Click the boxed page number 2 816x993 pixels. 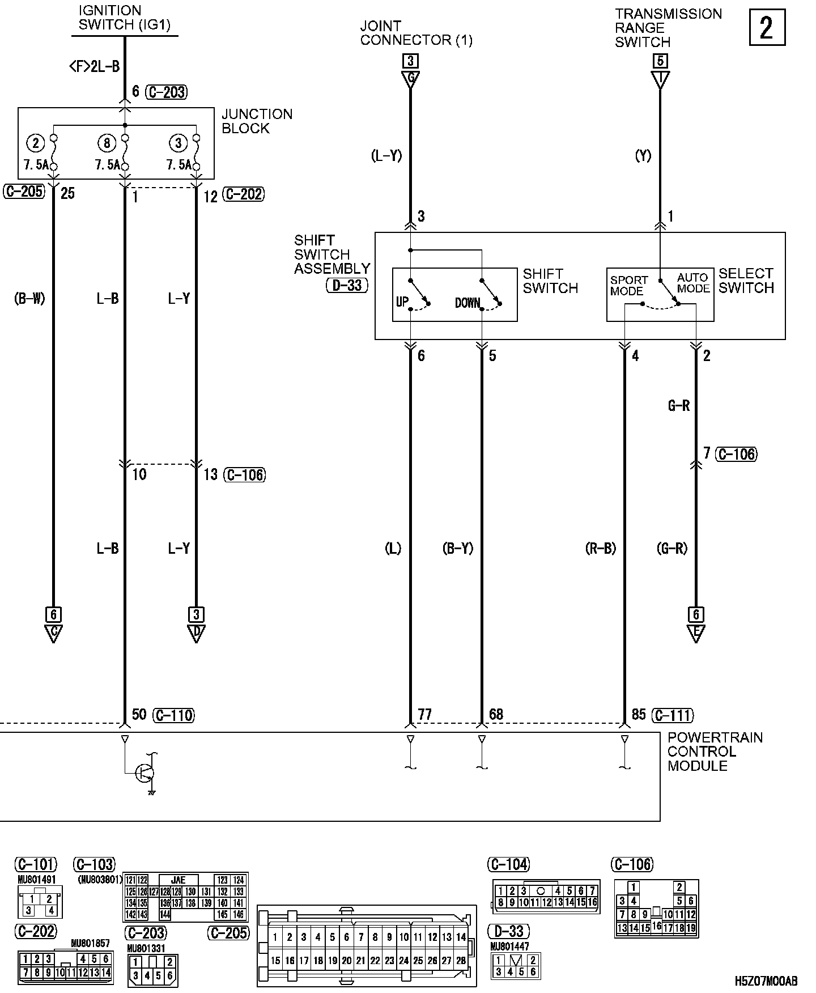pyautogui.click(x=767, y=27)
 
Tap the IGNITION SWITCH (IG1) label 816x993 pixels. pyautogui.click(x=124, y=18)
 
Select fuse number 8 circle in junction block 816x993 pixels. pyautogui.click(x=107, y=143)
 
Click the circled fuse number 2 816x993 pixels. pyautogui.click(x=36, y=143)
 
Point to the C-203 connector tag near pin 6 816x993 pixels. pyautogui.click(x=167, y=92)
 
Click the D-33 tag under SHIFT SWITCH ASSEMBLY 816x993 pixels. pyautogui.click(x=347, y=285)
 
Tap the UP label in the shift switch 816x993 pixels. pyautogui.click(x=402, y=302)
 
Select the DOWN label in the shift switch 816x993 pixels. pyautogui.click(x=467, y=303)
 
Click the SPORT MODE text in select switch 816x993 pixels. pyautogui.click(x=628, y=286)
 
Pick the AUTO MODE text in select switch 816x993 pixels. pyautogui.click(x=693, y=283)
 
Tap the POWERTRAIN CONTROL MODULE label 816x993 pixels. pyautogui.click(x=715, y=752)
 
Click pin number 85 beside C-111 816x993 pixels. pyautogui.click(x=639, y=714)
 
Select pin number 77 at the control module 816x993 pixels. pyautogui.click(x=424, y=714)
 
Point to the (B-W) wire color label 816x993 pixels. pyautogui.click(x=29, y=299)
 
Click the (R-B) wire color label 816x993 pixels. pyautogui.click(x=600, y=548)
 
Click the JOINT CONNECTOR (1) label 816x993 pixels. pyautogui.click(x=416, y=33)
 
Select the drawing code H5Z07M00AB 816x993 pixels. pyautogui.click(x=766, y=981)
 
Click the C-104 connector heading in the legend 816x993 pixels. pyautogui.click(x=508, y=864)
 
